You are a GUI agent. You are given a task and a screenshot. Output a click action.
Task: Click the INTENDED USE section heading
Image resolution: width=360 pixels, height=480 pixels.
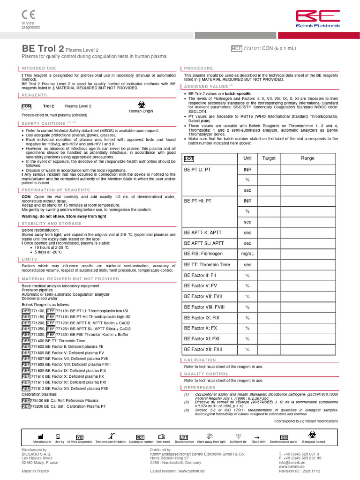click(39, 68)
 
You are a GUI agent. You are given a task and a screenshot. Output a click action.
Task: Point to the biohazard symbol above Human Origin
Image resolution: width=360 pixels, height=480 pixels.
click(141, 104)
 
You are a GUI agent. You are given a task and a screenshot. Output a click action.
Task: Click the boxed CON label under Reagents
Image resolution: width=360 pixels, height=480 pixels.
click(27, 106)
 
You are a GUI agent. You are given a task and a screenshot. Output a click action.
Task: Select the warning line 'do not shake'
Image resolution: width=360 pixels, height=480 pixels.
click(64, 217)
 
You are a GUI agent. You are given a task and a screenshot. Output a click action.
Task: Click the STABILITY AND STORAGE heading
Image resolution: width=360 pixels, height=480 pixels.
click(51, 224)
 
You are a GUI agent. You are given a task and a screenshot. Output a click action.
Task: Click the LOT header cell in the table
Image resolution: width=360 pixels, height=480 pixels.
click(189, 158)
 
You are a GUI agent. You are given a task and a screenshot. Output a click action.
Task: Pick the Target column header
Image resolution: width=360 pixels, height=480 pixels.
click(269, 158)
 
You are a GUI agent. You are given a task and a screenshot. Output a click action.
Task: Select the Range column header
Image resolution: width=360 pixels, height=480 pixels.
click(307, 158)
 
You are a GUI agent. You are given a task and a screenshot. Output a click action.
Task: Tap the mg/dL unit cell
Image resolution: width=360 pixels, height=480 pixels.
click(247, 254)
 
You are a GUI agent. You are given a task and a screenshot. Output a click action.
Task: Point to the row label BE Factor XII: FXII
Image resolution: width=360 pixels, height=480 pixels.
click(203, 349)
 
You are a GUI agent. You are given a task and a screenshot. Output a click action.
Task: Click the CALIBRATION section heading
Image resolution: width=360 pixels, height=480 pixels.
click(200, 360)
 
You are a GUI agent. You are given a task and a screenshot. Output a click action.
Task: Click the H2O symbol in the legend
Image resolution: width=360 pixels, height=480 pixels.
click(284, 437)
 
